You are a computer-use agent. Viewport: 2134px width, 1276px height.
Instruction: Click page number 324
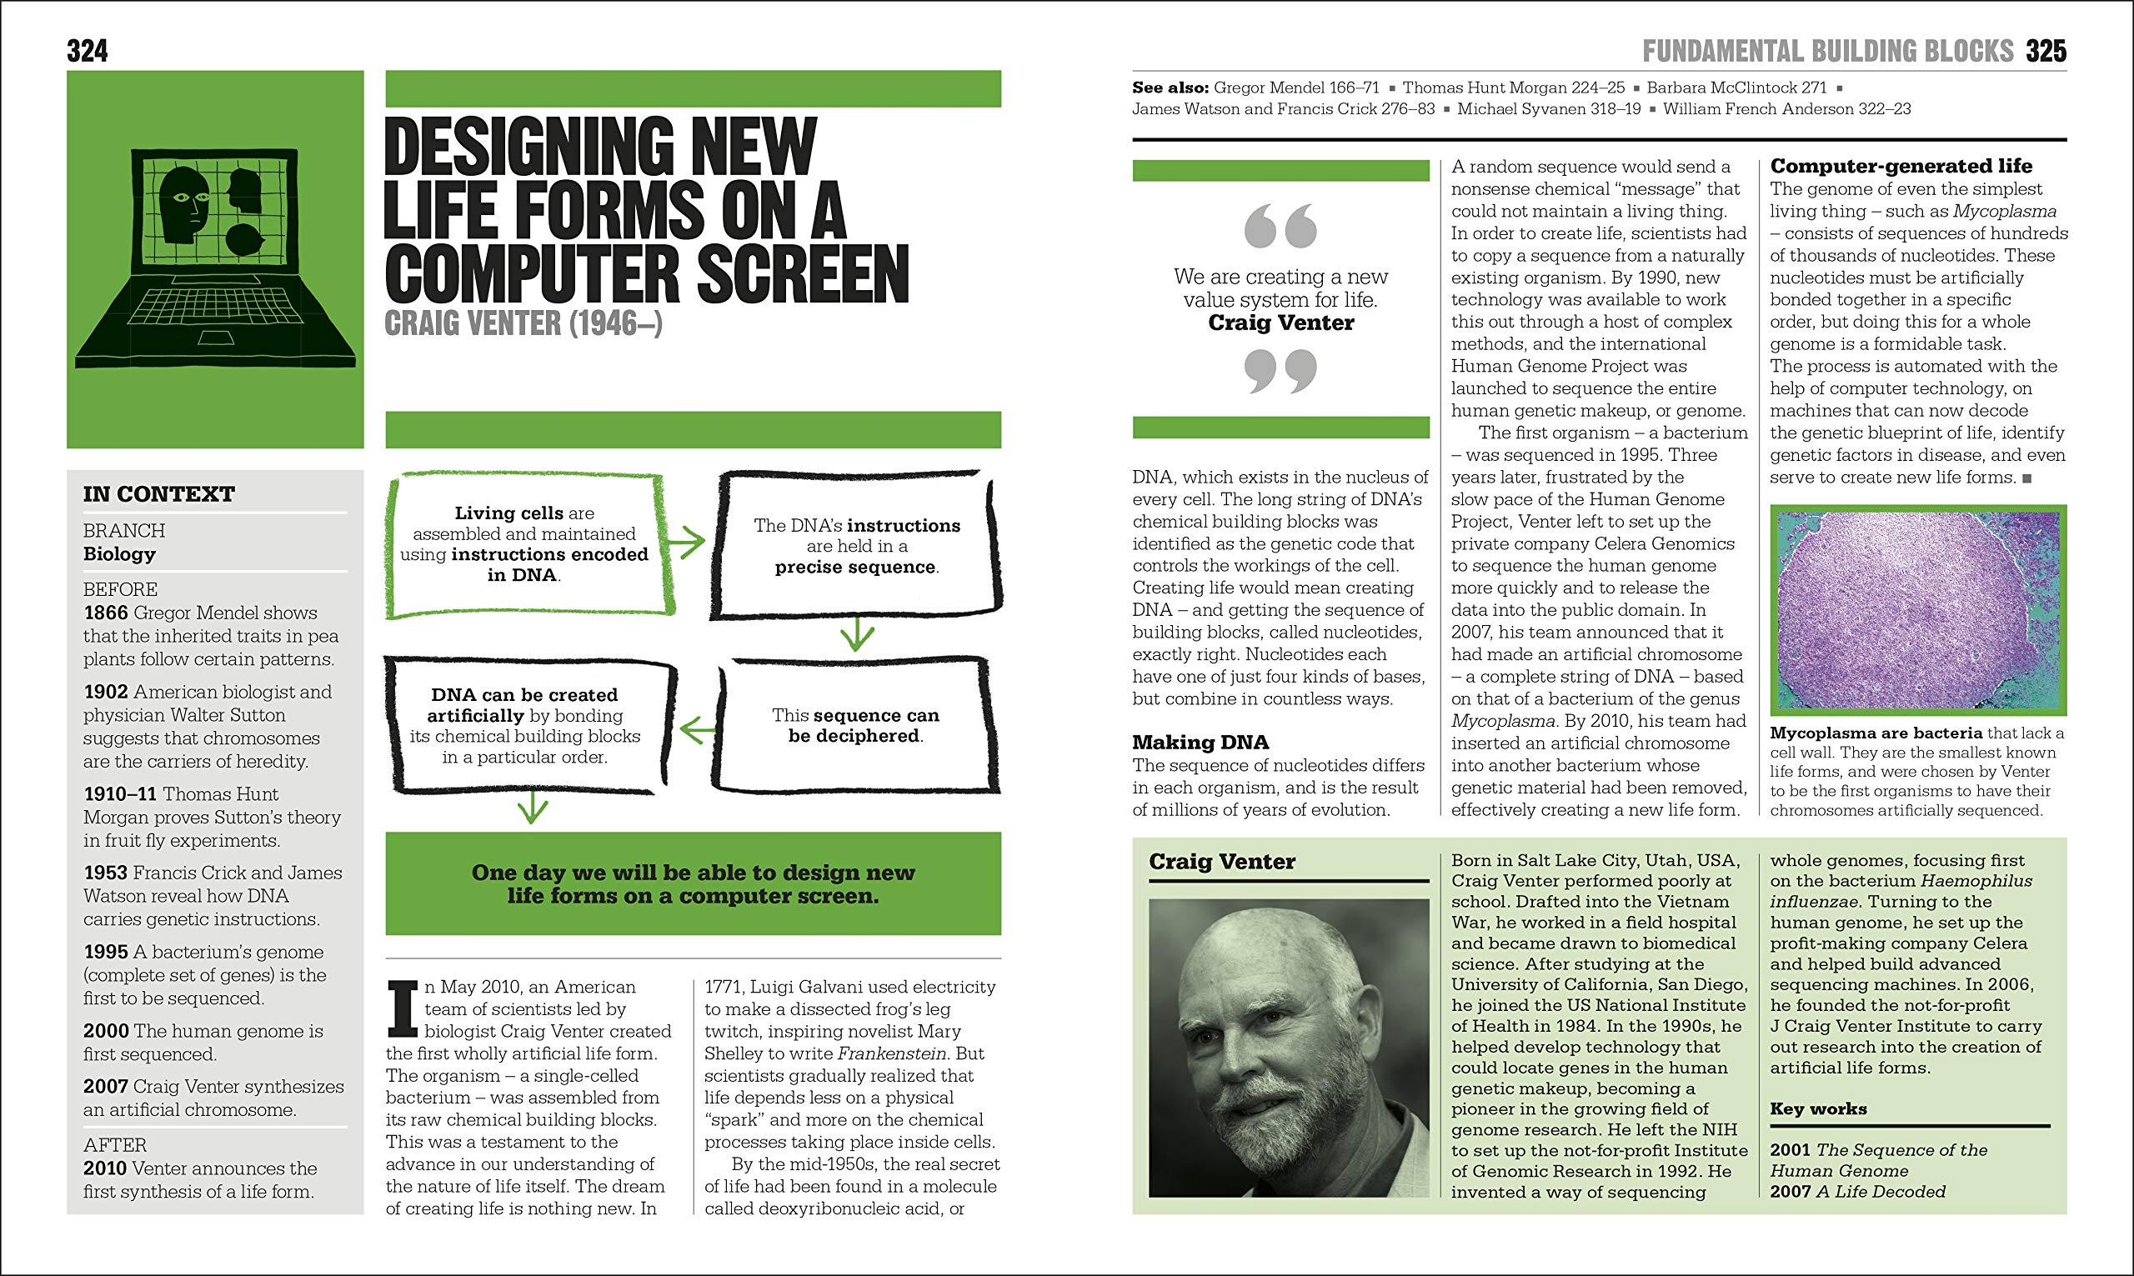(x=87, y=52)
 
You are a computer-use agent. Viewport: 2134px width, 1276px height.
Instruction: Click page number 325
(x=2046, y=52)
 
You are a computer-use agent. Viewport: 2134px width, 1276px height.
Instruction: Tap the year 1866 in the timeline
(x=106, y=613)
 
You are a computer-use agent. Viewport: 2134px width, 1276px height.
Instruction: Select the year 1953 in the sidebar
(x=105, y=873)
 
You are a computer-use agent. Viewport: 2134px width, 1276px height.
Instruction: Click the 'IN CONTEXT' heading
(x=158, y=494)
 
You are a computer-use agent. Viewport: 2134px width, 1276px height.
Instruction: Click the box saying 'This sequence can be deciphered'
(x=855, y=726)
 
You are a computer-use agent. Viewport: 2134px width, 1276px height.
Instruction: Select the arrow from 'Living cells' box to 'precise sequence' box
(x=687, y=542)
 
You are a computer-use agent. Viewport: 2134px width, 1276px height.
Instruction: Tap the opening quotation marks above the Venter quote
(x=1280, y=225)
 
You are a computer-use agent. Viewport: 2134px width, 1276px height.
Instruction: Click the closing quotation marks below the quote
(x=1280, y=371)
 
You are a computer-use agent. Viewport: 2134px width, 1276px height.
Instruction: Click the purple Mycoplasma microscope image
(x=1917, y=610)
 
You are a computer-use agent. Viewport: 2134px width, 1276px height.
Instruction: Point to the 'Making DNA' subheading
(x=1200, y=742)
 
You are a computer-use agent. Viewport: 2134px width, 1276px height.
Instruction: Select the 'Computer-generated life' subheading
(x=1901, y=166)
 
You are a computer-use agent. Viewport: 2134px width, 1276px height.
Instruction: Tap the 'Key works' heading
(x=1818, y=1109)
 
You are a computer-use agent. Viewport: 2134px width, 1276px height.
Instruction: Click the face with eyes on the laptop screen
(x=185, y=205)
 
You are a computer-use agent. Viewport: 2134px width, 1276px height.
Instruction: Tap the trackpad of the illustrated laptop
(x=216, y=338)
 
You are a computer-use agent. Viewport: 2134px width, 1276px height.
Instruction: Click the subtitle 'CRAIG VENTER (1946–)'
(x=523, y=324)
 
